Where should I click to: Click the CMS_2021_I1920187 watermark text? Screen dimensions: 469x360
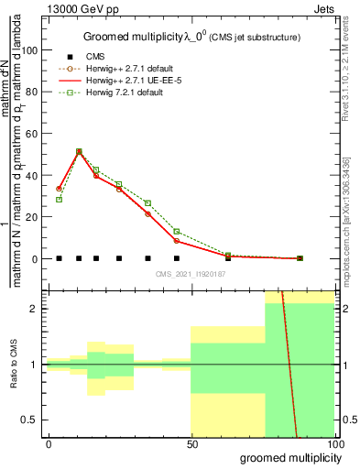click(191, 274)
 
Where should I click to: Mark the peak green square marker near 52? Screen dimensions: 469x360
click(79, 152)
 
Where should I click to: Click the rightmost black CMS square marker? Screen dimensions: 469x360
click(300, 258)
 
